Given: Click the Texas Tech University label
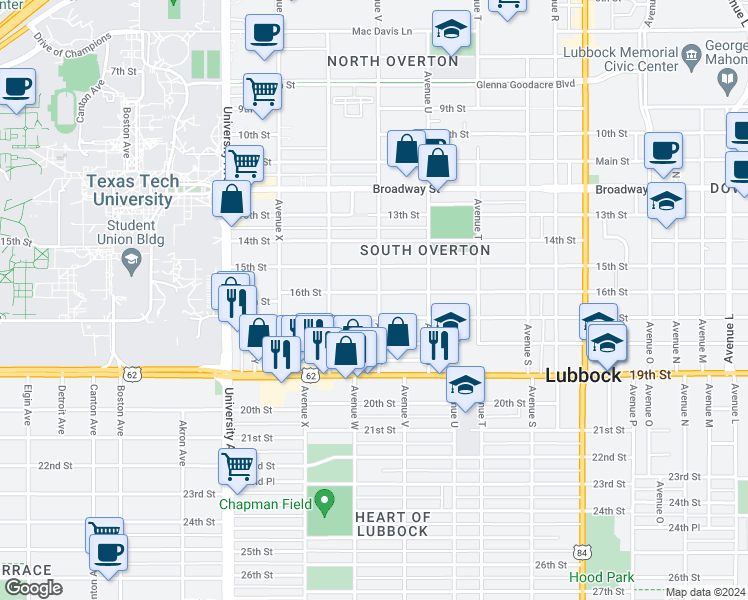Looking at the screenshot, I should [132, 190].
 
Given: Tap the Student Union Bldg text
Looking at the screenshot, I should [132, 232].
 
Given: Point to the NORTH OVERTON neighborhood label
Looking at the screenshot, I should [393, 62].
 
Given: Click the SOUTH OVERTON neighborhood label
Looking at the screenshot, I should [425, 250].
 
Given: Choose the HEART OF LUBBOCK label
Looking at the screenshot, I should [393, 524].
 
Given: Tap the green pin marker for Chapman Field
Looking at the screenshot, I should [325, 500].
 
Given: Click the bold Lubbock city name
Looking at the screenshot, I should [584, 376].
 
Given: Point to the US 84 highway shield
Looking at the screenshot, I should [582, 553].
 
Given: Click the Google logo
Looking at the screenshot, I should [33, 588].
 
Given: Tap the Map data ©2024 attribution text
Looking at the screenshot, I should [705, 592].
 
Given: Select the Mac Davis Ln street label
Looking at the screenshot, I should [381, 32].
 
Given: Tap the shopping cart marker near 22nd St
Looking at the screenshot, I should [237, 465].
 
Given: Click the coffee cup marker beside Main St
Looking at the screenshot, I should [663, 151].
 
